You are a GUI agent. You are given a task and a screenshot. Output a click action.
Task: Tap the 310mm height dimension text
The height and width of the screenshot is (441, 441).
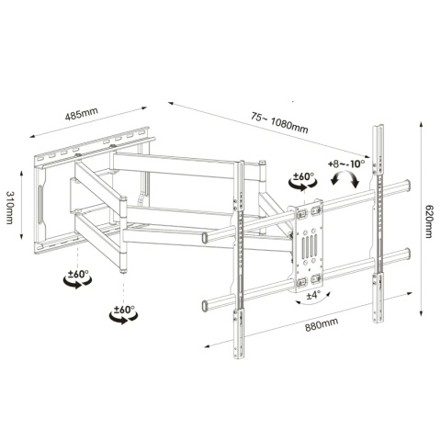10,208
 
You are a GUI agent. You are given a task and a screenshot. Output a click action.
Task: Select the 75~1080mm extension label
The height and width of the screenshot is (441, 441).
279,122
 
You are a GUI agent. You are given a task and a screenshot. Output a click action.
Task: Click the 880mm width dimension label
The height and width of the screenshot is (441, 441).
322,324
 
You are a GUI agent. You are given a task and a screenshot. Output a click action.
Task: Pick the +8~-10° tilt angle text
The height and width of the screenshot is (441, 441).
346,164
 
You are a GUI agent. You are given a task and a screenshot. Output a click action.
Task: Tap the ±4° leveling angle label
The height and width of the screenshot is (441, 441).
313,295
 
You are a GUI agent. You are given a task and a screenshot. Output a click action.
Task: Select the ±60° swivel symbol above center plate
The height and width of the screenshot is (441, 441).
303,181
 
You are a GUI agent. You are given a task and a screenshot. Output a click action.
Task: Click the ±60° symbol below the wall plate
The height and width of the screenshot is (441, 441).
77,278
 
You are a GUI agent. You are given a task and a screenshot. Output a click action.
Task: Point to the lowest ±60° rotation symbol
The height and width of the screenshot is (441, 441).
123,314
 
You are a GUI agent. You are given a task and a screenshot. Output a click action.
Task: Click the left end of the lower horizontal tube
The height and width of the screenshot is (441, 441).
205,306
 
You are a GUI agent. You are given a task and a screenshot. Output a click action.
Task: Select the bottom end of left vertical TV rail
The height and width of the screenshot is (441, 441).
239,356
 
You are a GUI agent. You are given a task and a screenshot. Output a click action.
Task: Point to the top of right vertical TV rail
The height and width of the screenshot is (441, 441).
378,126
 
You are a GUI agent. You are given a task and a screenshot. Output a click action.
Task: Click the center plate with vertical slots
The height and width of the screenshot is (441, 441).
309,245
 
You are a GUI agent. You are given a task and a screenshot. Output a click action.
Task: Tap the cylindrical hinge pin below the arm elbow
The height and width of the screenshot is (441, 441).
123,270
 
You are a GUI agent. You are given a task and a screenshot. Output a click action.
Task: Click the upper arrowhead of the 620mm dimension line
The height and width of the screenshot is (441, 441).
422,124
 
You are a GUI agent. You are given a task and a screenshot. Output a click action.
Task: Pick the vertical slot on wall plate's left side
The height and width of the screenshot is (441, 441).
40,203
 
